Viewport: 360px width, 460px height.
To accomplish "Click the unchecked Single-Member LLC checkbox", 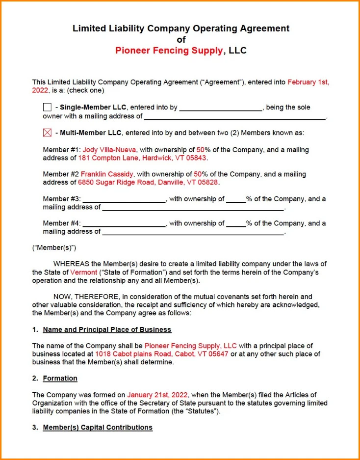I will click(47, 108).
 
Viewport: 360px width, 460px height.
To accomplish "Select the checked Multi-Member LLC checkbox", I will click(47, 133).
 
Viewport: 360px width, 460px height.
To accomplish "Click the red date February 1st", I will click(308, 82).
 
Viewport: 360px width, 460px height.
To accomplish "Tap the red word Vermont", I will click(84, 272).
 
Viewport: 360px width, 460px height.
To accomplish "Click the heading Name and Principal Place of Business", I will click(107, 329).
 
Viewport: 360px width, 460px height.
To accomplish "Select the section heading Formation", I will click(60, 379).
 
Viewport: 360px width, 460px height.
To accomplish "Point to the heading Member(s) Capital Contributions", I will click(98, 428).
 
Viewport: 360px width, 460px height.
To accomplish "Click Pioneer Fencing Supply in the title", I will click(169, 51).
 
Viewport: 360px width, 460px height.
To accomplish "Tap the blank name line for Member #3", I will click(125, 200).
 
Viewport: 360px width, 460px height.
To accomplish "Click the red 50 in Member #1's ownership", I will click(200, 150).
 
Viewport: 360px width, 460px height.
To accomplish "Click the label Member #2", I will click(61, 174).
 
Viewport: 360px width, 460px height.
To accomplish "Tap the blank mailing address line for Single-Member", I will click(234, 117).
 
